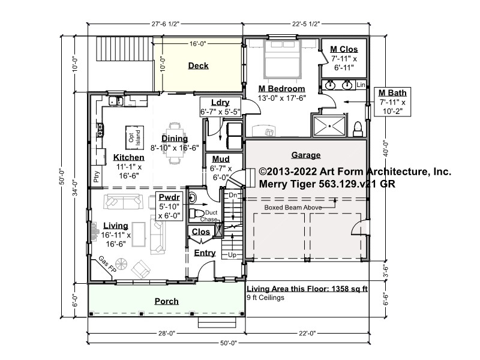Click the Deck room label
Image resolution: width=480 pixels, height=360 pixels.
click(x=198, y=65)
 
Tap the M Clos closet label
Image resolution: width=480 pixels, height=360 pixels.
click(x=344, y=49)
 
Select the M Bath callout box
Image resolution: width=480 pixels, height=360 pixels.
click(x=392, y=102)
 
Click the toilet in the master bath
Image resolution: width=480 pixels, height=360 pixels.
click(x=358, y=129)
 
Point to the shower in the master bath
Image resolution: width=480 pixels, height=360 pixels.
click(x=329, y=126)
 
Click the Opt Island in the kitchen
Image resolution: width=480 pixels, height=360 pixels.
click(x=134, y=137)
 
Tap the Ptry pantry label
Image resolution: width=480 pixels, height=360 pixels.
click(x=97, y=176)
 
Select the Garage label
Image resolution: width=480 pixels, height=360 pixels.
click(x=306, y=155)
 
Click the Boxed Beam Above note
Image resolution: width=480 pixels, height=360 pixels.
click(x=293, y=207)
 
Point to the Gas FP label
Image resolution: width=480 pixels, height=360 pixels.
click(x=107, y=265)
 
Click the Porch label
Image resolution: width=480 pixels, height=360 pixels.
click(x=167, y=301)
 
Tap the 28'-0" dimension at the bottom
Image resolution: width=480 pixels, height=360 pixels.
click(x=167, y=333)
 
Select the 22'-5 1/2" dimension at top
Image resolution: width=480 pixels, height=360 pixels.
click(x=306, y=24)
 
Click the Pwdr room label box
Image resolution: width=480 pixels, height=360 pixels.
click(x=169, y=206)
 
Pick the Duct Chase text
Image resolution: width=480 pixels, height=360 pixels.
click(x=209, y=216)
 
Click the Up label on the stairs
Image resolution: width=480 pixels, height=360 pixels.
click(x=232, y=254)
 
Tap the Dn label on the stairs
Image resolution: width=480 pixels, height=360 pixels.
click(x=233, y=195)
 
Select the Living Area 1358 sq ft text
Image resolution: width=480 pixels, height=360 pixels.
click(x=307, y=289)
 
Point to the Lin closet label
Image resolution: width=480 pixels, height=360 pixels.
click(x=361, y=85)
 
